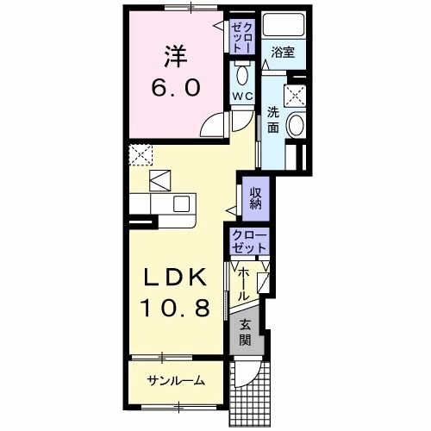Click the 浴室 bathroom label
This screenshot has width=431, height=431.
[x=282, y=53]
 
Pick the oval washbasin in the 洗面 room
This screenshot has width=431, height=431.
[x=295, y=127]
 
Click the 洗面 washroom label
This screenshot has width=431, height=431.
[x=273, y=119]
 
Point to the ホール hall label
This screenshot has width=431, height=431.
[x=244, y=282]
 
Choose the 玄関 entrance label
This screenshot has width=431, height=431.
[x=246, y=332]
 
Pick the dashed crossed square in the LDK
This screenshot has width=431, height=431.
[x=140, y=156]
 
